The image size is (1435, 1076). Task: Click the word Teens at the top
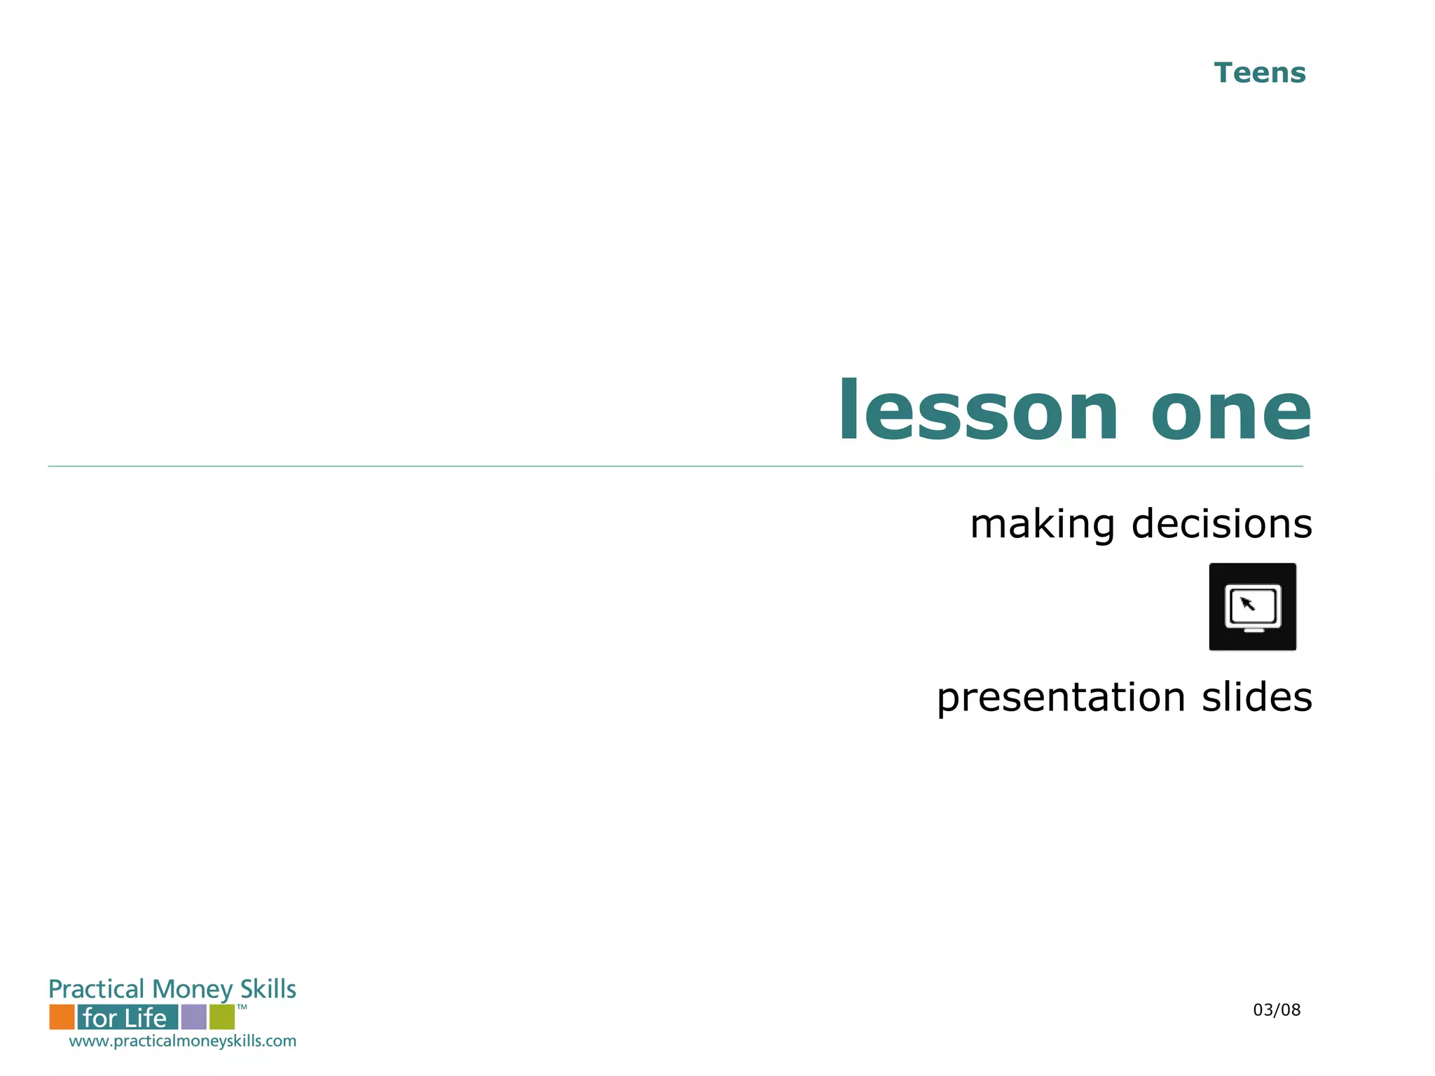click(x=1259, y=73)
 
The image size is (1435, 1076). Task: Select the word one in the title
click(x=1230, y=413)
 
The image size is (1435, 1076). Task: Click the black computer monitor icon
click(x=1252, y=607)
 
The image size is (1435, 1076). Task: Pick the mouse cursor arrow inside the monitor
click(x=1247, y=603)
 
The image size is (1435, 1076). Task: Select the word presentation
click(x=1061, y=698)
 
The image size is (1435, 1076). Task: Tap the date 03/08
click(x=1276, y=1009)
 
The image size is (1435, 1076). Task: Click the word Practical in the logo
click(x=96, y=989)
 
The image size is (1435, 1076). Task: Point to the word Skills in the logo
click(x=268, y=988)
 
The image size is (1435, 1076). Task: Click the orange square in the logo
click(x=62, y=1016)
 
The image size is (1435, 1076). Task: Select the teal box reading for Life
click(x=127, y=1016)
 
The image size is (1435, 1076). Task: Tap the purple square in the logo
click(x=193, y=1016)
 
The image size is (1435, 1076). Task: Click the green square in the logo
click(x=222, y=1016)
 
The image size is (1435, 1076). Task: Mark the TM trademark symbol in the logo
click(x=242, y=1007)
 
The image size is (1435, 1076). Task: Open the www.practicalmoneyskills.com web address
click(x=182, y=1041)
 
